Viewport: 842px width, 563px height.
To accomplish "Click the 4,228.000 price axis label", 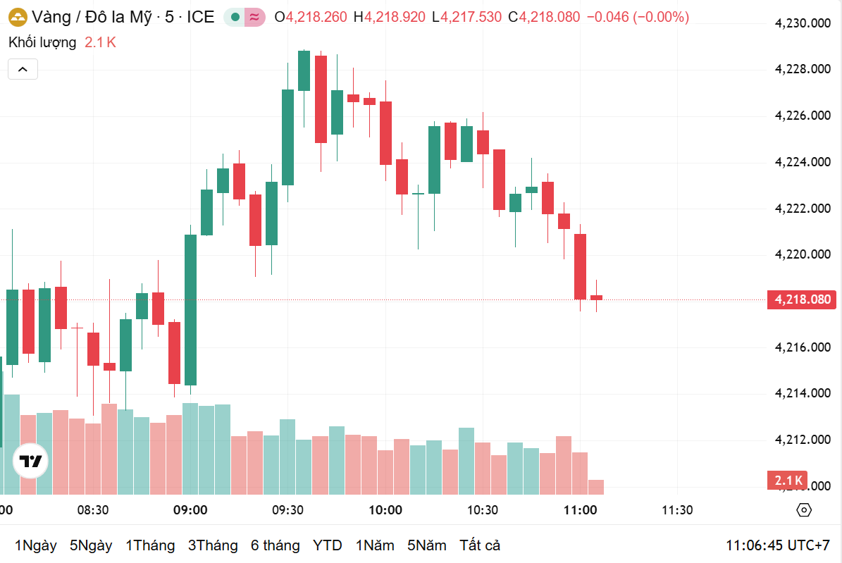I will click(803, 69).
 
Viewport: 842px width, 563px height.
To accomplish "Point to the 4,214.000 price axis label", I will click(803, 393).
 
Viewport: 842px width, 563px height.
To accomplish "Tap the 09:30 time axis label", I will click(287, 510).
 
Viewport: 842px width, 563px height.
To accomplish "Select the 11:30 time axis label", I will click(676, 510).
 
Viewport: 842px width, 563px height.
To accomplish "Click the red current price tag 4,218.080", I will click(803, 299).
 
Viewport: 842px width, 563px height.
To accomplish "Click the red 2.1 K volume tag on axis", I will click(786, 481).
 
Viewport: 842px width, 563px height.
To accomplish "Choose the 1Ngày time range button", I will click(35, 545).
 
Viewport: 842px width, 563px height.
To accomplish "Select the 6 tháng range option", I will click(275, 545).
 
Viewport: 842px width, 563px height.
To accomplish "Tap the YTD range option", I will click(328, 545).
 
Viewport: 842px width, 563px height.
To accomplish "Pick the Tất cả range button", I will click(480, 545).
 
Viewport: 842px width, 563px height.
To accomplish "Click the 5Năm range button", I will click(427, 545).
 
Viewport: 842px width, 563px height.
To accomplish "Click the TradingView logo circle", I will click(31, 462).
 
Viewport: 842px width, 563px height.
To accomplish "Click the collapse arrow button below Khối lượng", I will click(23, 69).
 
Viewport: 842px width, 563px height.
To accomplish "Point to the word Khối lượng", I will click(42, 42).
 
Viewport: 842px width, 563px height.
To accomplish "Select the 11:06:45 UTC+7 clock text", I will click(778, 545).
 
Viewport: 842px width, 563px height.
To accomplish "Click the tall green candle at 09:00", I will click(190, 310).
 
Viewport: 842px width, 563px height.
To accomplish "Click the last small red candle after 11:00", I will click(596, 297).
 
